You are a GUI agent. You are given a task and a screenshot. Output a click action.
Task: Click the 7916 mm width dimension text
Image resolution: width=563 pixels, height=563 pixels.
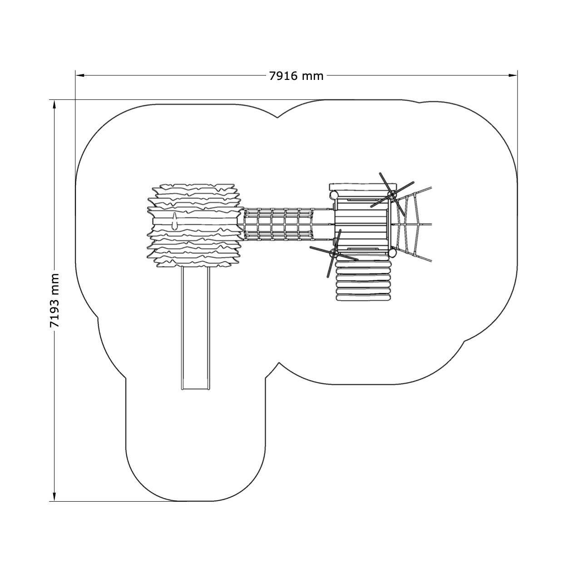(296, 76)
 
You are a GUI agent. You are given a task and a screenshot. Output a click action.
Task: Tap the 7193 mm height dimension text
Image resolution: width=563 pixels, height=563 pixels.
(54, 300)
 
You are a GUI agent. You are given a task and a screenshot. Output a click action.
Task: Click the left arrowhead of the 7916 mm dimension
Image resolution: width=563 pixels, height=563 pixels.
(80, 76)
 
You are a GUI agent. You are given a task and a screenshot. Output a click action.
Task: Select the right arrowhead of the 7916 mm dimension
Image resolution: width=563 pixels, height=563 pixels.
(513, 76)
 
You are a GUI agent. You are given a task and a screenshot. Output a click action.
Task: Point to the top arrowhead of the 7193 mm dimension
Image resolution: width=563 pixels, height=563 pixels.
(54, 104)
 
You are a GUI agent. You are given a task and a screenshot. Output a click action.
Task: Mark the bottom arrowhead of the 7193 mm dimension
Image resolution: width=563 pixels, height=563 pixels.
(54, 497)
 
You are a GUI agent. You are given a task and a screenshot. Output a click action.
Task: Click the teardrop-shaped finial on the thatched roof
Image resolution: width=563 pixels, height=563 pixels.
(175, 222)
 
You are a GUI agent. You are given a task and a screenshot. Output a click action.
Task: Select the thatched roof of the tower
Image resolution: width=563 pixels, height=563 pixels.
(195, 225)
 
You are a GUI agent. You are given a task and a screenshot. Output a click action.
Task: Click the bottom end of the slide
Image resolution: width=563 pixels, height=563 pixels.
(195, 389)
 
